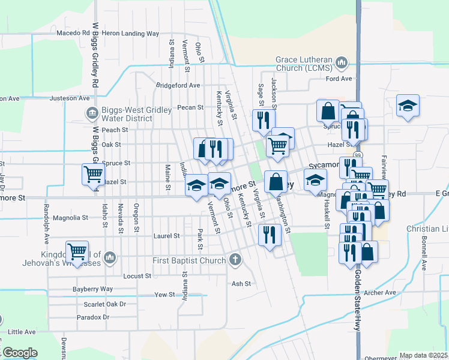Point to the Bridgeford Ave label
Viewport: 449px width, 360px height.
178,85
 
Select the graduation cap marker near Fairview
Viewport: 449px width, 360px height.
408,106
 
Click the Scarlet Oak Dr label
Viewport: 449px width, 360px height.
101,304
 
